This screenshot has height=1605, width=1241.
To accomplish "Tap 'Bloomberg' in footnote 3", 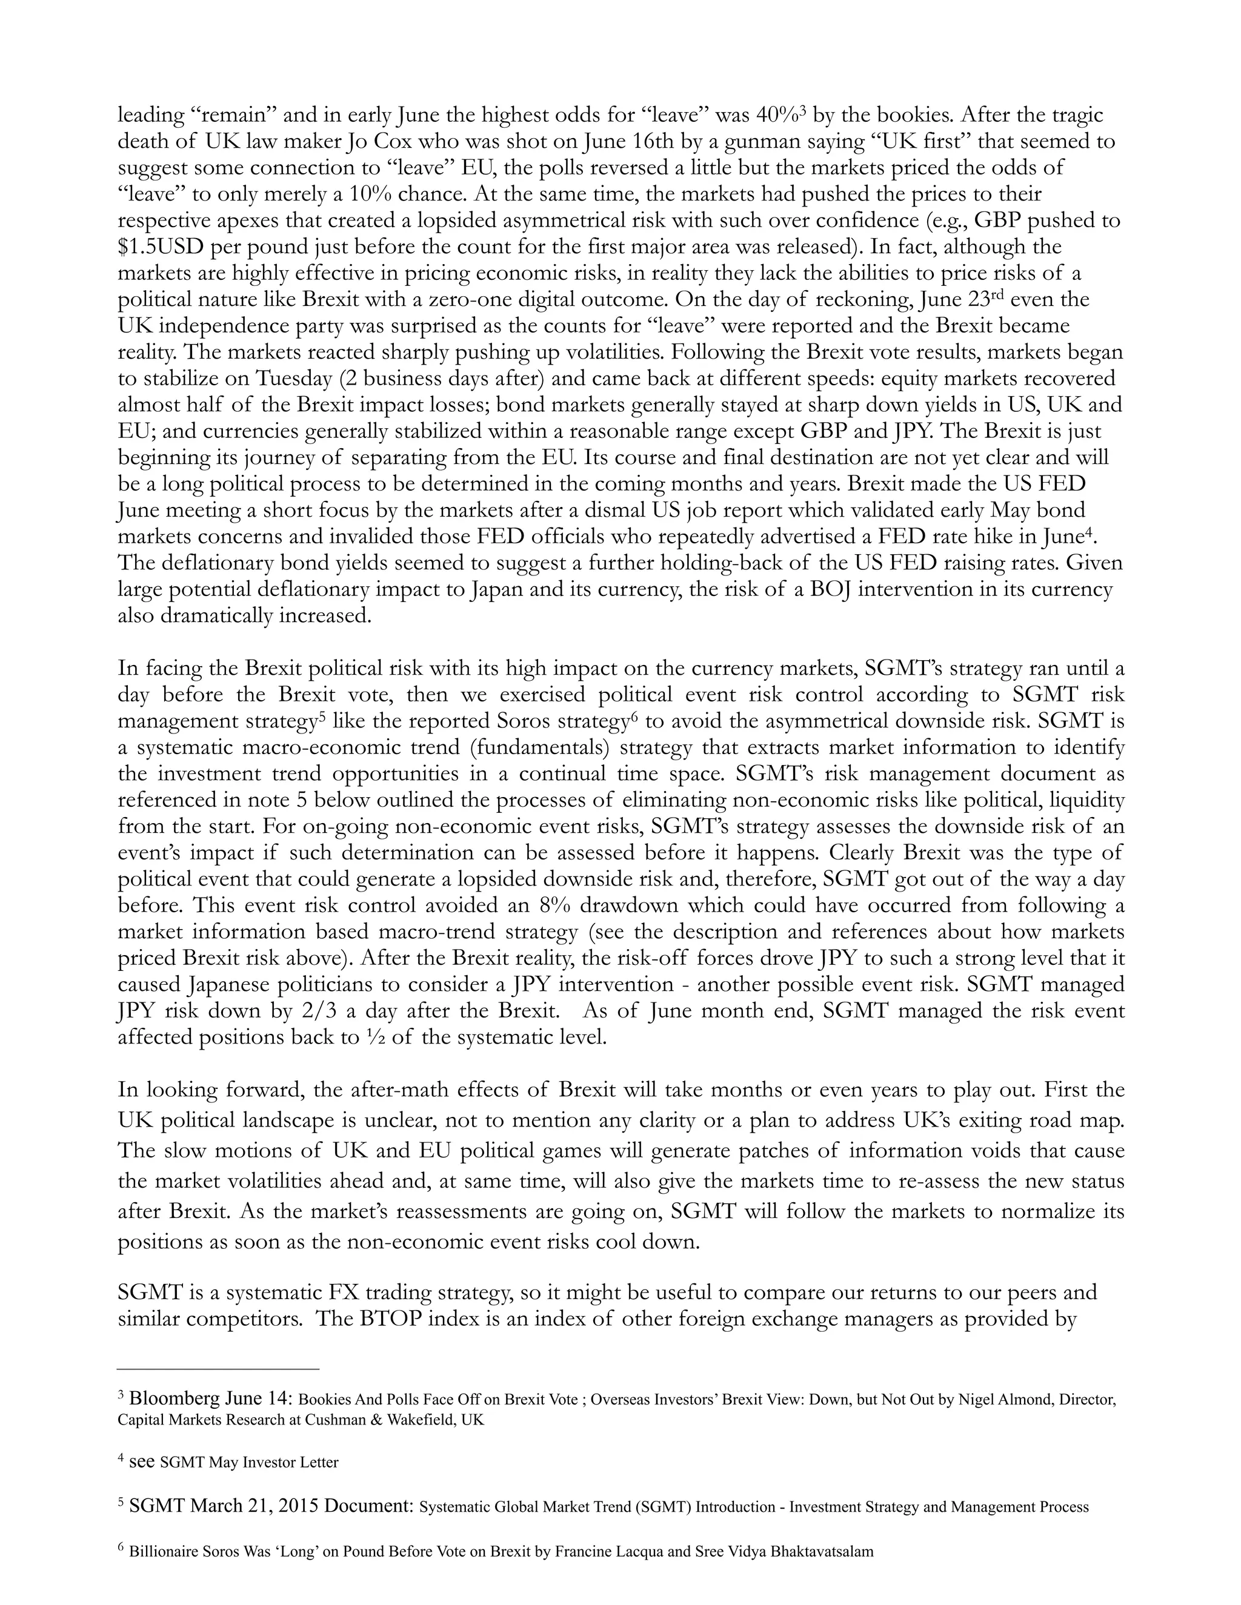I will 169,1398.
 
